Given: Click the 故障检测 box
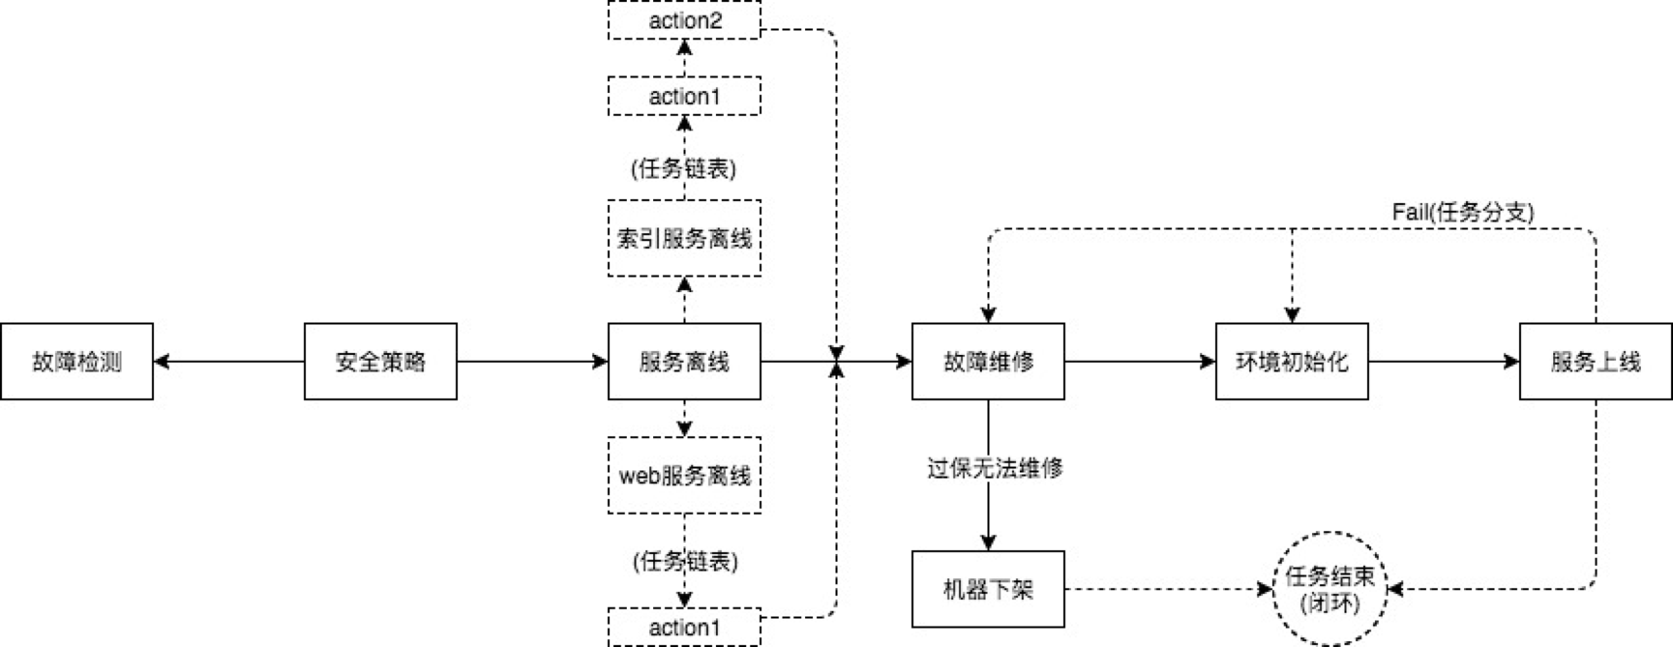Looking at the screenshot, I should (76, 362).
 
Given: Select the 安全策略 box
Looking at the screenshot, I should (380, 362).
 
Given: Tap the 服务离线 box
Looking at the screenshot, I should (684, 362).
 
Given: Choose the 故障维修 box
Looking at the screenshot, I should (988, 362).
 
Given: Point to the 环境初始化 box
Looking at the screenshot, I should (1292, 362).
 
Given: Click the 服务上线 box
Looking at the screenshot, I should (1596, 362).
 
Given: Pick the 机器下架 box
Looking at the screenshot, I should (988, 589).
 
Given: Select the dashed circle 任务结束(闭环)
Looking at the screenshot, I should (1330, 589).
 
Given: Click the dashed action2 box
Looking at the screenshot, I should (684, 20).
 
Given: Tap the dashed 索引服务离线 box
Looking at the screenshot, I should (684, 238).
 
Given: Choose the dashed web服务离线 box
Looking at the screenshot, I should (684, 475).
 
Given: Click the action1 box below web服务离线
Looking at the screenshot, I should (684, 627).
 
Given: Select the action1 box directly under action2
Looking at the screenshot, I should (684, 97).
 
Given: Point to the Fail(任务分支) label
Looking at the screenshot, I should (1462, 212).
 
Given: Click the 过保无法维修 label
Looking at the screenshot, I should (995, 468).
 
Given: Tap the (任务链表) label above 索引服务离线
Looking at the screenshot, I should (684, 168).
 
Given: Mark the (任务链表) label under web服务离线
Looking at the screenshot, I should (685, 561).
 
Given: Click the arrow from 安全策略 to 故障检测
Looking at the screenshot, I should (229, 362).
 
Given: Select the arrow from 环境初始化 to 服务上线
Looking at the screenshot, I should (1444, 362).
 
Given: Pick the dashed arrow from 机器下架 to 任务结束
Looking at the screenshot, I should (1168, 589).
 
